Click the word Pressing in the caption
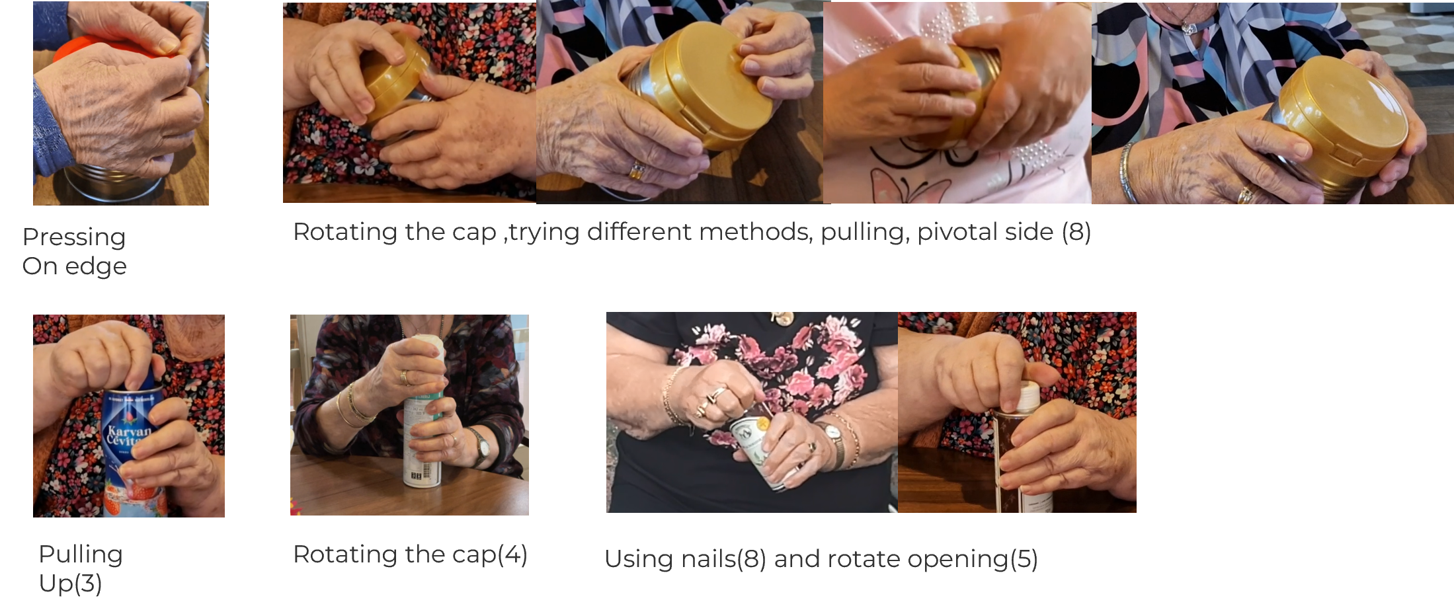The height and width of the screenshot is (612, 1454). click(74, 237)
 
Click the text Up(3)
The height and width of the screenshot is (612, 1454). click(70, 583)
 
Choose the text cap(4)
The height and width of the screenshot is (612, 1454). click(489, 555)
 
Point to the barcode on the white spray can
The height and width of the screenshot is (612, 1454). click(427, 473)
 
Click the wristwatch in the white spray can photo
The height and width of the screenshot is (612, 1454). click(483, 447)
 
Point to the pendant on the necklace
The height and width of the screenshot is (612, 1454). click(1189, 28)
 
